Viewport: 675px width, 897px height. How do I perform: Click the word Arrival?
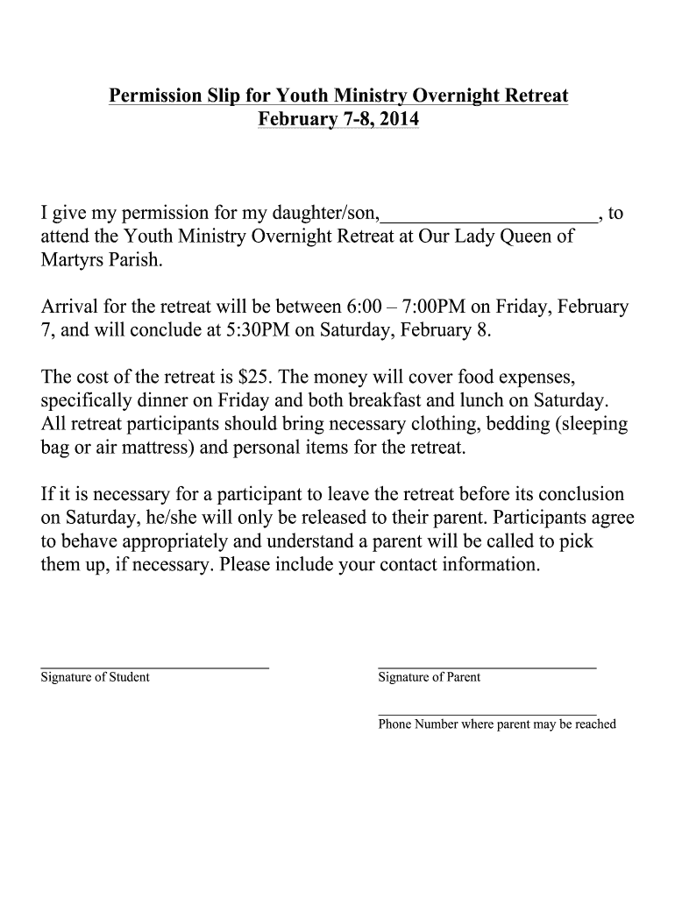point(71,308)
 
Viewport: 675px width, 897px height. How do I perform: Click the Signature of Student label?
point(95,677)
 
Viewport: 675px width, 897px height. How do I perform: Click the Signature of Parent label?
point(429,677)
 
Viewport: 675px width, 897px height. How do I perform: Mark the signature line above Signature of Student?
point(154,667)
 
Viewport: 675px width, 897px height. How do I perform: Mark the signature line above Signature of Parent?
point(487,667)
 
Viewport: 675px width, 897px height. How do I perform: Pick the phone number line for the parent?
point(487,715)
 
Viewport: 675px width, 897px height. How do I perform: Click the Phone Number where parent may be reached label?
point(497,724)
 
